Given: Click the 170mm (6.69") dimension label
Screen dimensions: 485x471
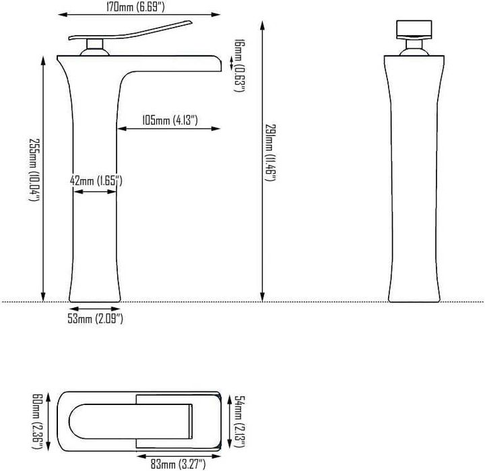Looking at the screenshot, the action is pos(135,7).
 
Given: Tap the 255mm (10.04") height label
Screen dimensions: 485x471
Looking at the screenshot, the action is pos(34,169).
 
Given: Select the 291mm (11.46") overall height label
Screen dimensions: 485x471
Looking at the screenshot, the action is pos(270,152).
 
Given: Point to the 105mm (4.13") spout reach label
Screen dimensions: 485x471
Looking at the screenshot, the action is pos(170,120).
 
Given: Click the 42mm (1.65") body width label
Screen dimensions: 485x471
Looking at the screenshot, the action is pos(96,181).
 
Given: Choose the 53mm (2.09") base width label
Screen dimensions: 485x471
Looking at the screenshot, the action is pos(95,319).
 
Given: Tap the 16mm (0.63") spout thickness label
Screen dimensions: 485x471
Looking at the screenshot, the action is pos(239,65).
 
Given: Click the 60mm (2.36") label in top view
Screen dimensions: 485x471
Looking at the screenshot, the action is pos(38,421).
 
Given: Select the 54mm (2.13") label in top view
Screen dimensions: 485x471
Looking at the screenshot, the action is pos(239,421).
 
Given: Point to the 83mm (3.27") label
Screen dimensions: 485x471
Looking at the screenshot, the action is pos(178,464).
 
